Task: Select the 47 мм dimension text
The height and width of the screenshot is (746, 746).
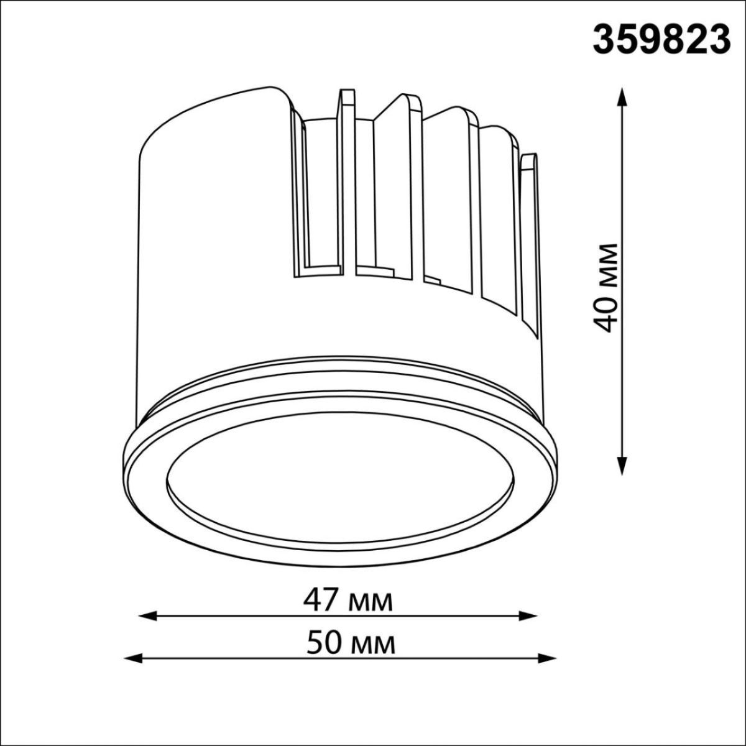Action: [348, 601]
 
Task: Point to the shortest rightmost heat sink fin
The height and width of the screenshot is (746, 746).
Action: [528, 186]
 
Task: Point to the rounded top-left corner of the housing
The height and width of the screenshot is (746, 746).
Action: [155, 143]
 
